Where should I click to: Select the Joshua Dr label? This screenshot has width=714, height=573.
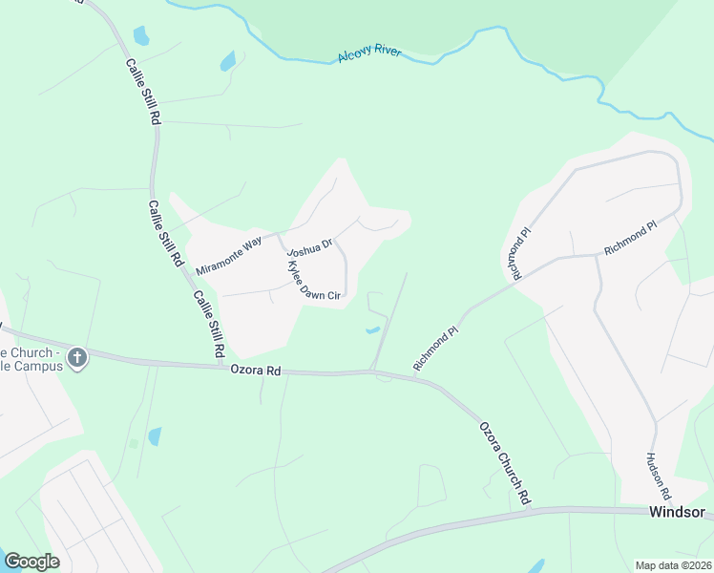[310, 248]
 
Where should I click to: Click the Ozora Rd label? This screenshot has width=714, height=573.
[257, 370]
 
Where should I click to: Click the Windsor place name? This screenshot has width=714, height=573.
[677, 512]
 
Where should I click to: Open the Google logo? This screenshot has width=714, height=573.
[31, 561]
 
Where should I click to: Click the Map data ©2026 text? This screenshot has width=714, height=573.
[673, 565]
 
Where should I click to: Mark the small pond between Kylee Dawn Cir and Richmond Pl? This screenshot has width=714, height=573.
[372, 330]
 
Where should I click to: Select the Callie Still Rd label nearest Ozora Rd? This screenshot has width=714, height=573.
[208, 324]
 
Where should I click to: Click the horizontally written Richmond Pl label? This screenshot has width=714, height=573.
[630, 239]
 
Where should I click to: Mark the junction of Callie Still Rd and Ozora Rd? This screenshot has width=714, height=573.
[221, 364]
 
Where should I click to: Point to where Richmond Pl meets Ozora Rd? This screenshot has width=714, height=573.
[417, 377]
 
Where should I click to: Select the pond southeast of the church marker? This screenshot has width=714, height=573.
[155, 436]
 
